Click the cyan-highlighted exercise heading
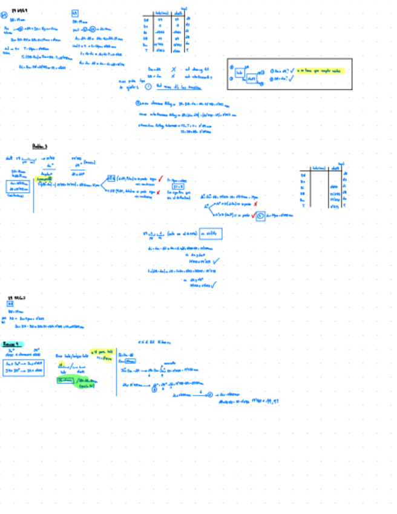[13, 344]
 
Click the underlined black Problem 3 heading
[39, 146]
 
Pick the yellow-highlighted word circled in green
[44, 179]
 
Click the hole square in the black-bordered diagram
[240, 72]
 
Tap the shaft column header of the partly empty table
[333, 168]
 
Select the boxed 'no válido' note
[209, 234]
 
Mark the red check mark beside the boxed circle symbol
[252, 215]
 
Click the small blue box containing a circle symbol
[260, 215]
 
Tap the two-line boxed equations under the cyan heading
[23, 365]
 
